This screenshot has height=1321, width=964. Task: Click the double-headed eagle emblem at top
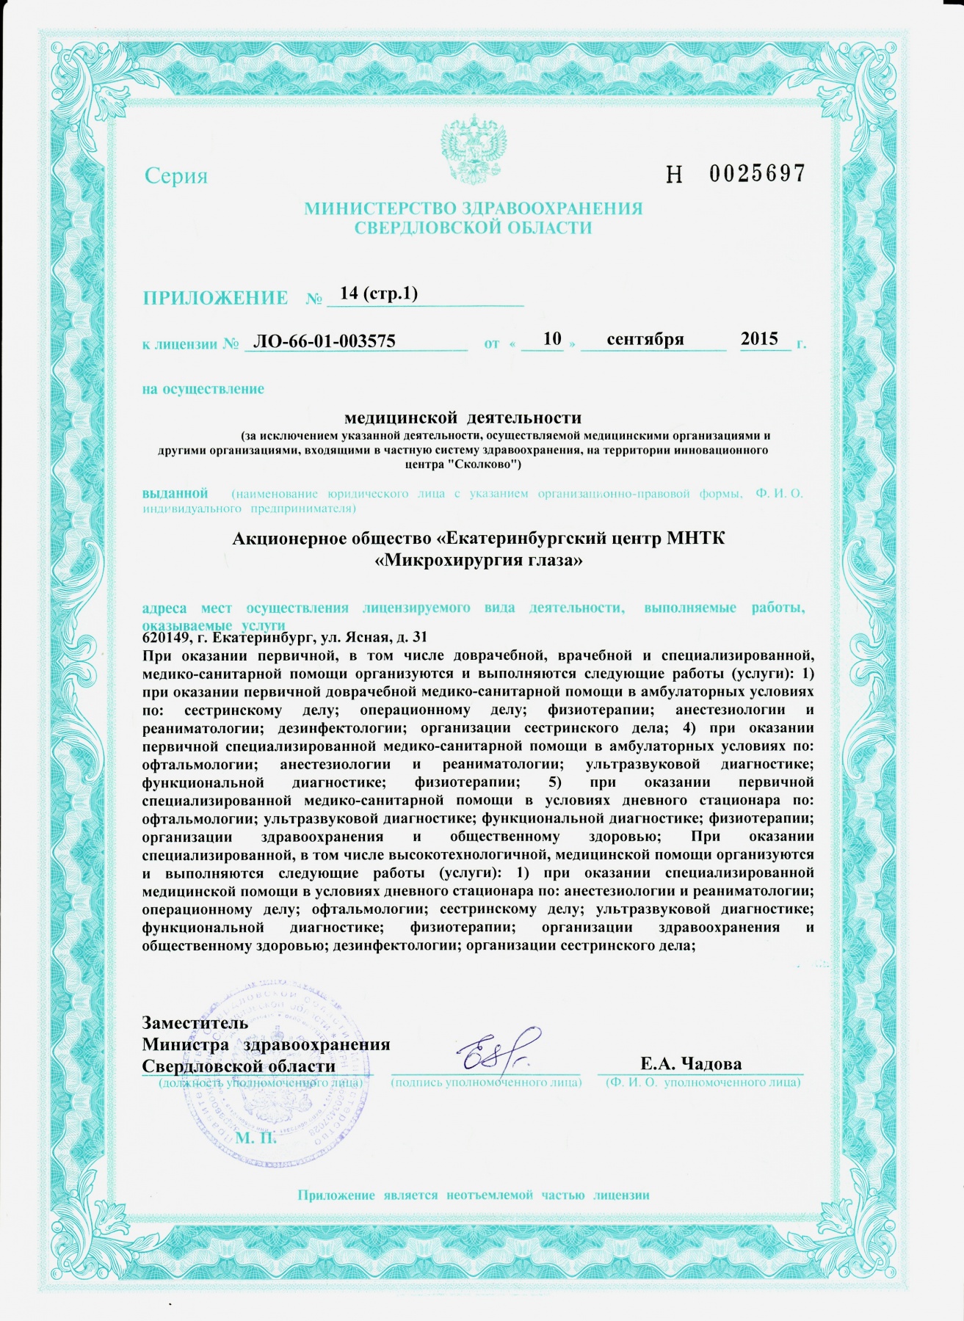(x=473, y=150)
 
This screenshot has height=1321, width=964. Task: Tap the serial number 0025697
(x=757, y=174)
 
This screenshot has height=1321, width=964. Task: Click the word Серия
(x=176, y=176)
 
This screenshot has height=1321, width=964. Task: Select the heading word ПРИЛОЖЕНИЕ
(x=215, y=298)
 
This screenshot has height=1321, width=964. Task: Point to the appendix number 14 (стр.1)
(x=379, y=294)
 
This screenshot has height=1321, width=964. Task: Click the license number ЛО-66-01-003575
(x=324, y=341)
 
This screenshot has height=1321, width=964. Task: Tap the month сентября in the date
(x=645, y=339)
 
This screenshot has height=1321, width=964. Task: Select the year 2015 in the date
(x=759, y=338)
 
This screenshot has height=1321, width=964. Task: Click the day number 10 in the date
(x=552, y=338)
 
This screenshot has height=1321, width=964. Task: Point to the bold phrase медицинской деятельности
(x=463, y=418)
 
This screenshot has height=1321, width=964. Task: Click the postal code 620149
(x=164, y=637)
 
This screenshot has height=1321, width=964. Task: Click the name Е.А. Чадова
(x=691, y=1063)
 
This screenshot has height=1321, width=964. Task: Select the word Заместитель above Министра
(x=195, y=1023)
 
